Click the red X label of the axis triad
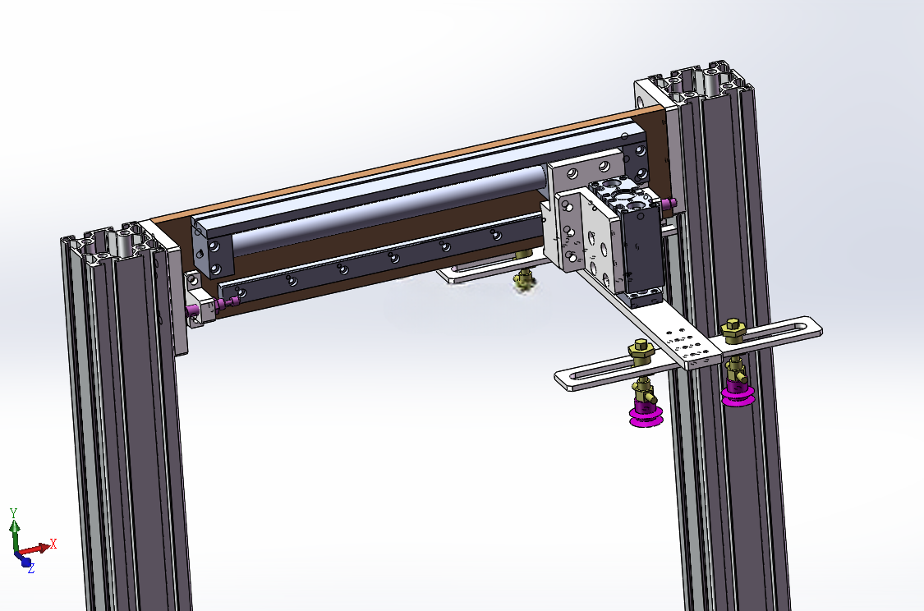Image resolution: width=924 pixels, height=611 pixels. [53, 543]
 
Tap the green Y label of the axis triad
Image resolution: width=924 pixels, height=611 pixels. [14, 512]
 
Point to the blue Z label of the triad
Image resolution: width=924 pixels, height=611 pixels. [30, 568]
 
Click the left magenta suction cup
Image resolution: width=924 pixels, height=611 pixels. [646, 416]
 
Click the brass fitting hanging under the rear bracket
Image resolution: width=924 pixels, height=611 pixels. [523, 279]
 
